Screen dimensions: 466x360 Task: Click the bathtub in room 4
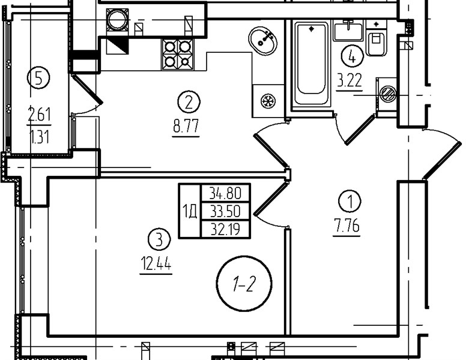pyautogui.click(x=311, y=63)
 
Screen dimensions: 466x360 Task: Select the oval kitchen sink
pyautogui.click(x=263, y=41)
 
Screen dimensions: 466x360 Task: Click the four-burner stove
pyautogui.click(x=177, y=55)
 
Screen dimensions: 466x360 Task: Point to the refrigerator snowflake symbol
pyautogui.click(x=268, y=101)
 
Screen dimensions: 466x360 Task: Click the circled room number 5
pyautogui.click(x=38, y=77)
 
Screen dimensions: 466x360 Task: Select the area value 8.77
pyautogui.click(x=186, y=126)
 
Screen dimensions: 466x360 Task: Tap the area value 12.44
pyautogui.click(x=156, y=263)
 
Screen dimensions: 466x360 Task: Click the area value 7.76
pyautogui.click(x=346, y=226)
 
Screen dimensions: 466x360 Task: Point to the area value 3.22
pyautogui.click(x=349, y=80)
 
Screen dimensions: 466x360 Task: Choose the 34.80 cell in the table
pyautogui.click(x=225, y=193)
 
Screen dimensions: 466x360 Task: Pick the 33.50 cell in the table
pyautogui.click(x=225, y=211)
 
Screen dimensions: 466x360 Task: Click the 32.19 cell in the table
pyautogui.click(x=225, y=229)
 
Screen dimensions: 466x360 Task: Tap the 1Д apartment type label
pyautogui.click(x=190, y=211)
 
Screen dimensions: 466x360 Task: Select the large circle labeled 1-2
pyautogui.click(x=244, y=284)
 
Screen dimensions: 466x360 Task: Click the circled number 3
pyautogui.click(x=160, y=239)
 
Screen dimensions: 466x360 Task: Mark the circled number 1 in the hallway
pyautogui.click(x=349, y=201)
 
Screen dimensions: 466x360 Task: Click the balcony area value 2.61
pyautogui.click(x=39, y=115)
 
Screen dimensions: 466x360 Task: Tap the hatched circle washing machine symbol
pyautogui.click(x=388, y=94)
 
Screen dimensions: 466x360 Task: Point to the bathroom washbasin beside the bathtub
pyautogui.click(x=348, y=31)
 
